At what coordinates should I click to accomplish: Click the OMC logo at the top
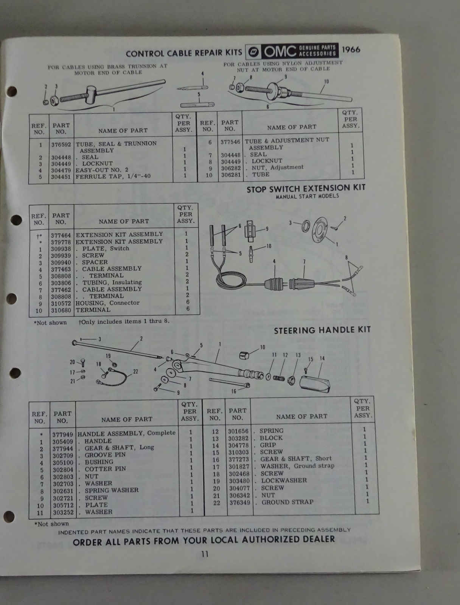pos(292,51)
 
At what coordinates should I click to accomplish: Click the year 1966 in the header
pos(351,50)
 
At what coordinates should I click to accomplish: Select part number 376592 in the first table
pos(61,144)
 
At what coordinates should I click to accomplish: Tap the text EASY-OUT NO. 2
pos(102,170)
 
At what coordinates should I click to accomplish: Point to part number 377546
pos(230,142)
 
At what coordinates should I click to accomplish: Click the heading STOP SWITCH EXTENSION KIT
pos(306,189)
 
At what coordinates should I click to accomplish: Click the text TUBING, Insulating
pos(112,282)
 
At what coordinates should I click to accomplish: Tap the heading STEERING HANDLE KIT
pos(322,330)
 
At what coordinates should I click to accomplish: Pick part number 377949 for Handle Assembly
pos(63,435)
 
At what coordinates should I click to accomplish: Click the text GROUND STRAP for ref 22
pos(287,502)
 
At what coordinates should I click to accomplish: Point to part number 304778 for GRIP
pos(238,445)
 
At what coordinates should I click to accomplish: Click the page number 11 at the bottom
pos(205,554)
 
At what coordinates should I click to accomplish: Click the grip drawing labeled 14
pos(315,384)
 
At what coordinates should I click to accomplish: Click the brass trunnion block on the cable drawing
pos(91,94)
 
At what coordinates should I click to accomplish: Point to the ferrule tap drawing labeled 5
pos(197,105)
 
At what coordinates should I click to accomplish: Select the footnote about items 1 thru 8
pos(124,321)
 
